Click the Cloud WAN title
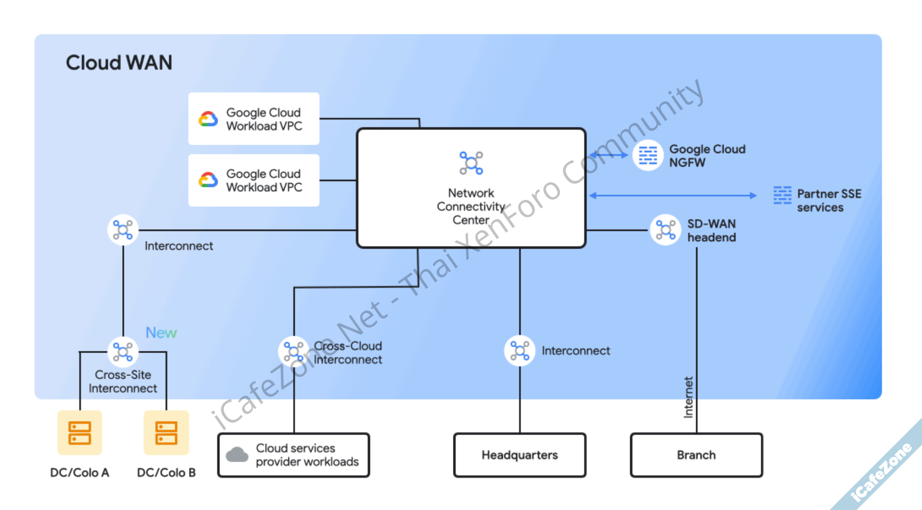pyautogui.click(x=119, y=63)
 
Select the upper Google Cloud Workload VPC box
pyautogui.click(x=254, y=119)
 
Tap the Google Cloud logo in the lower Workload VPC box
pyautogui.click(x=209, y=180)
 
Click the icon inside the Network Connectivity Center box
pyautogui.click(x=471, y=163)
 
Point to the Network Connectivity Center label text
pyautogui.click(x=471, y=206)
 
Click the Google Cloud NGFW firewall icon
pyautogui.click(x=648, y=155)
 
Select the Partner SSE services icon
pyautogui.click(x=782, y=195)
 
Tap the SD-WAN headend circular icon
pyautogui.click(x=665, y=230)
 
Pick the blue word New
pyautogui.click(x=161, y=333)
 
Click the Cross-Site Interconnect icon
pyautogui.click(x=123, y=352)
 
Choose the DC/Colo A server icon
pyautogui.click(x=80, y=433)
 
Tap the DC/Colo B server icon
pyautogui.click(x=166, y=433)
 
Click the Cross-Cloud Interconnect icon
pyautogui.click(x=294, y=351)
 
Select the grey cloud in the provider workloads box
pyautogui.click(x=237, y=455)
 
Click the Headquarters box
pyautogui.click(x=519, y=455)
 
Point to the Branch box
pyautogui.click(x=696, y=455)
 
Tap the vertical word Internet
pyautogui.click(x=688, y=397)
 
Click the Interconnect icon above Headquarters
pyautogui.click(x=519, y=351)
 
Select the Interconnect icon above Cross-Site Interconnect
pyautogui.click(x=123, y=230)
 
